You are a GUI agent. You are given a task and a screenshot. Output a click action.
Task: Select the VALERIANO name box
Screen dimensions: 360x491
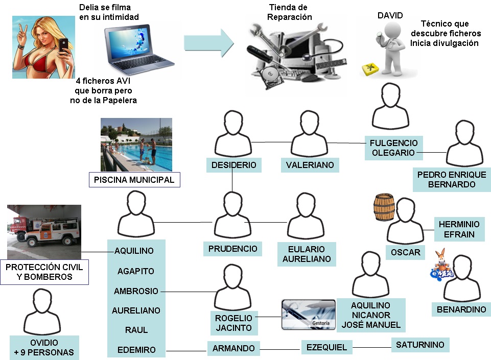pos(310,164)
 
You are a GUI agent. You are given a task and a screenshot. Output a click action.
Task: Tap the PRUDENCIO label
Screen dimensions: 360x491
pos(232,249)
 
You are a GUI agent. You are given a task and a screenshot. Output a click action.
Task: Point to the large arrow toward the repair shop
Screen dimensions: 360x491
pos(208,43)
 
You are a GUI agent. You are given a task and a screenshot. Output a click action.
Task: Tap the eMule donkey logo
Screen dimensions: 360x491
pos(441,265)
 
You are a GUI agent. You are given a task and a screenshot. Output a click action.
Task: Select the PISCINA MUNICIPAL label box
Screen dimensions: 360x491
pos(134,180)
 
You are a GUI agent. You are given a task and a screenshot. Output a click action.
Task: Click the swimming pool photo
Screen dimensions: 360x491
pos(136,145)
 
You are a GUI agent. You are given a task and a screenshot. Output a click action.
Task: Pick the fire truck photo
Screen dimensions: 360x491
pos(44,231)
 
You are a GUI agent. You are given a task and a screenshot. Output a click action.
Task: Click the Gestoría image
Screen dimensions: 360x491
pos(309,314)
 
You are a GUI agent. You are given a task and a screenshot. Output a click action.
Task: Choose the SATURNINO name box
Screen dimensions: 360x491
pos(420,345)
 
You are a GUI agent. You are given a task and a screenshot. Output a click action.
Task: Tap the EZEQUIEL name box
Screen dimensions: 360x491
pos(326,347)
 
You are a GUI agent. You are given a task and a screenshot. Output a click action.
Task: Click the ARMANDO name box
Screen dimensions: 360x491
pos(233,348)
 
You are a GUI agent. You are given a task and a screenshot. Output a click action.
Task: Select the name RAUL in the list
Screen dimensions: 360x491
pos(136,330)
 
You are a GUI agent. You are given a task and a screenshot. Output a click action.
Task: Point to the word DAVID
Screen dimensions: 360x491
pos(390,16)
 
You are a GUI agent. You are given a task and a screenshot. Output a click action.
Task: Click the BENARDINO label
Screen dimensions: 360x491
pos(461,309)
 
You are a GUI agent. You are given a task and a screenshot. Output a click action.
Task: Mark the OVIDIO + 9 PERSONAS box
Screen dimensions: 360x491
pos(44,347)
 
